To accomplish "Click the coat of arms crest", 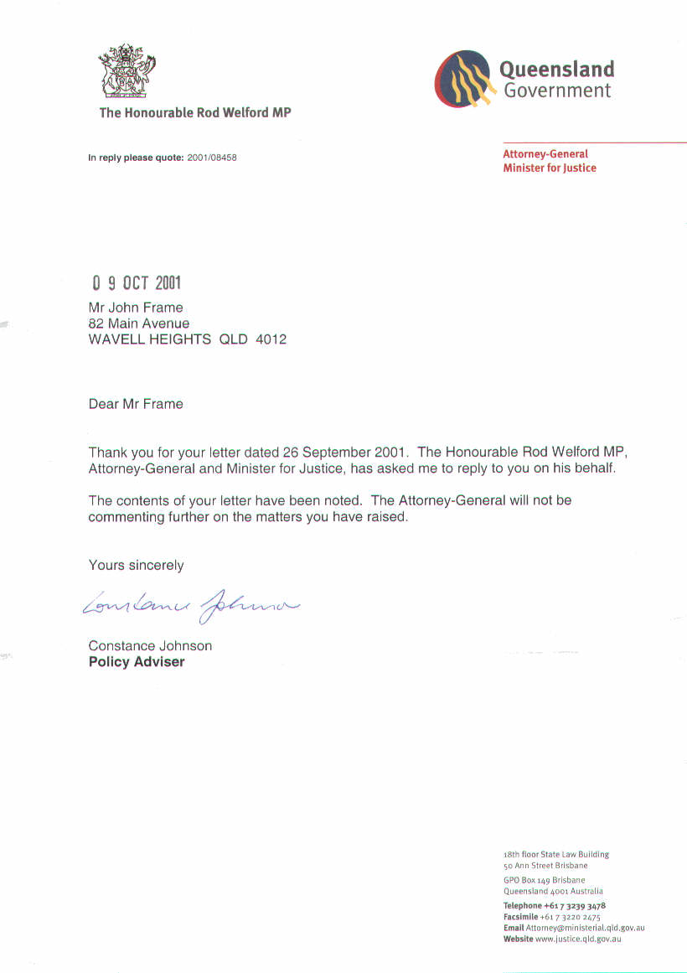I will [127, 73].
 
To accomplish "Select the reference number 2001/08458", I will [212, 158].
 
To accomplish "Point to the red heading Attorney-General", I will [545, 154].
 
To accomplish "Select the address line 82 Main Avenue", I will [139, 323].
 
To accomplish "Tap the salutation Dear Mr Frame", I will [136, 404].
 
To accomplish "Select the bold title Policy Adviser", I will [137, 662].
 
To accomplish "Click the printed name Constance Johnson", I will [150, 646].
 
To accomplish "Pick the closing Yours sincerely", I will [136, 566].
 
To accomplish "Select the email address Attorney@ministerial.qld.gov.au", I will [585, 929].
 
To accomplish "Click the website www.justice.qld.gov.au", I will [578, 939].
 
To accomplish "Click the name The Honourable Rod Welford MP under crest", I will [195, 112].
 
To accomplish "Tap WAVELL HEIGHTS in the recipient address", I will [150, 339].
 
